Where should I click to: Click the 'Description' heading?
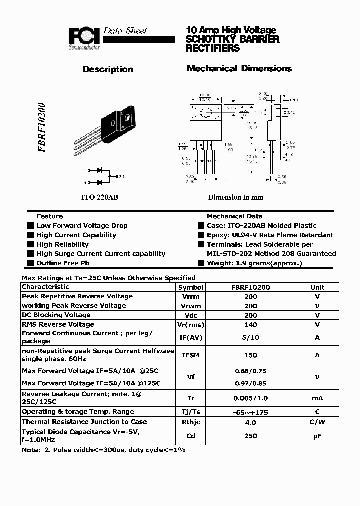point(108,69)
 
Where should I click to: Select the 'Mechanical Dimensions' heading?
point(239,68)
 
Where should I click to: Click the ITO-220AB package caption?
point(100,197)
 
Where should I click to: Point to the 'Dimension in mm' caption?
point(235,197)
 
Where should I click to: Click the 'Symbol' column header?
point(191,287)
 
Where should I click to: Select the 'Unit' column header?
point(317,287)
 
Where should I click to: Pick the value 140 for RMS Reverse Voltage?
point(250,325)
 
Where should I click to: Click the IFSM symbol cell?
point(191,355)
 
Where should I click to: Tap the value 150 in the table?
point(250,355)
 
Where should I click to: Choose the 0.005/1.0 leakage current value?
point(250,398)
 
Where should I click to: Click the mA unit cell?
point(317,398)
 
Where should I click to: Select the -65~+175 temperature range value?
point(250,412)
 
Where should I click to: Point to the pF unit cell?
point(317,436)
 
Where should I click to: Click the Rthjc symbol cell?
point(191,422)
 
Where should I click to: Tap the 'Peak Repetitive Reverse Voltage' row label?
point(77,296)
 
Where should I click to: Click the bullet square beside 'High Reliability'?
point(31,244)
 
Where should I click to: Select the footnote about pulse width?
point(103,450)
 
